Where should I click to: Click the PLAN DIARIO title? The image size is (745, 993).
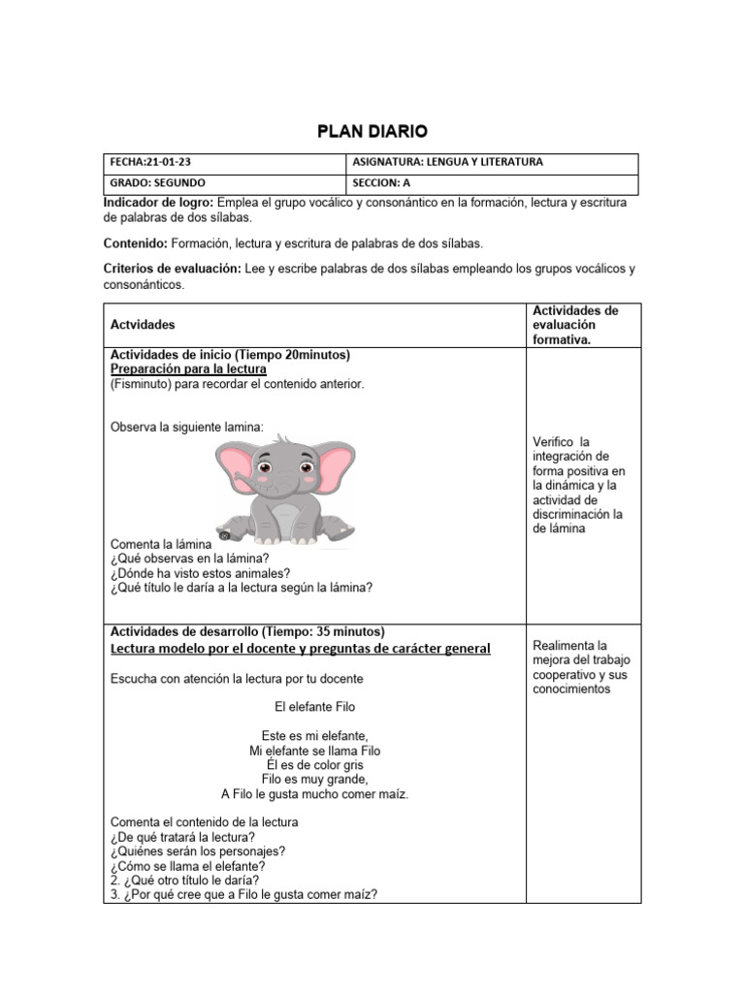(372, 131)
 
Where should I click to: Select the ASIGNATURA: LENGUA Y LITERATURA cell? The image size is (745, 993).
(445, 163)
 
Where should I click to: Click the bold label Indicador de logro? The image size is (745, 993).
(158, 202)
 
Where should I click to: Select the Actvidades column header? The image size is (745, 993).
(143, 324)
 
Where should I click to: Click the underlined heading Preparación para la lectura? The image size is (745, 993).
(188, 369)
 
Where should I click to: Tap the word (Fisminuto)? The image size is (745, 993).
(140, 384)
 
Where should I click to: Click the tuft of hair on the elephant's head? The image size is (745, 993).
(282, 440)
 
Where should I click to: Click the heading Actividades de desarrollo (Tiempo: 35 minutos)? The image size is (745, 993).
(247, 631)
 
